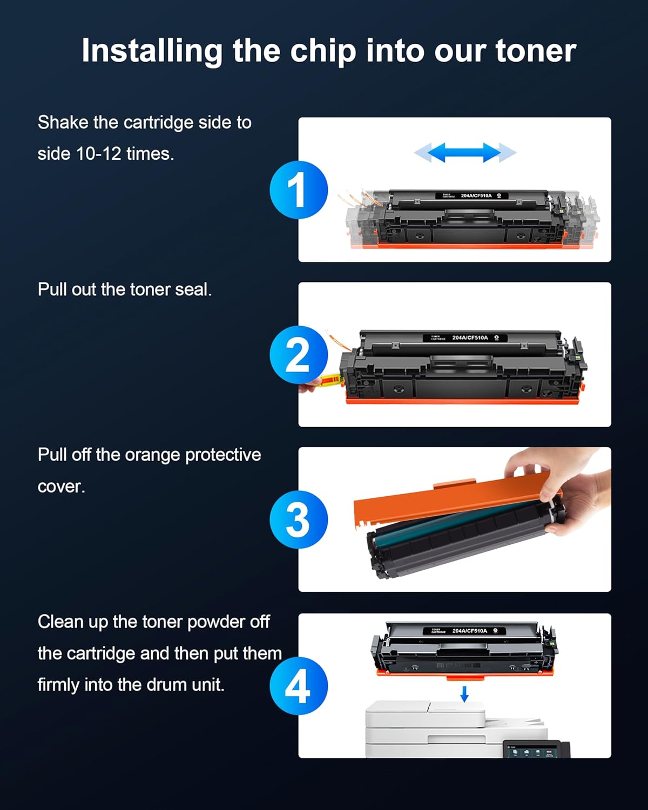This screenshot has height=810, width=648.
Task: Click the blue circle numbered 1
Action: tap(299, 190)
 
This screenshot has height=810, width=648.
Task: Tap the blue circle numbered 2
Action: tap(299, 355)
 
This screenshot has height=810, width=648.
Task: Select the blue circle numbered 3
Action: tap(299, 519)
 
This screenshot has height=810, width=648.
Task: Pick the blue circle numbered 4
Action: tap(299, 686)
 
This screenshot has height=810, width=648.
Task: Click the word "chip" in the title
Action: tap(323, 51)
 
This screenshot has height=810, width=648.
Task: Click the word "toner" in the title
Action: tap(535, 51)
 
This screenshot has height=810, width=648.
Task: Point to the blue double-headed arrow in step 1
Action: tap(465, 153)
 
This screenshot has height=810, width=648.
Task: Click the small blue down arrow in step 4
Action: tap(464, 694)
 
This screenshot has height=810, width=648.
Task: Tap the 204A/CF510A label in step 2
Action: tap(470, 338)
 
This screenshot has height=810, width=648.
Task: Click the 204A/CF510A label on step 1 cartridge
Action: tap(476, 195)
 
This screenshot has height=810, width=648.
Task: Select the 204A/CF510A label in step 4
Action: tap(469, 631)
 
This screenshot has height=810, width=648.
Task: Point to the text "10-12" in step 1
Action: tap(98, 154)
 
